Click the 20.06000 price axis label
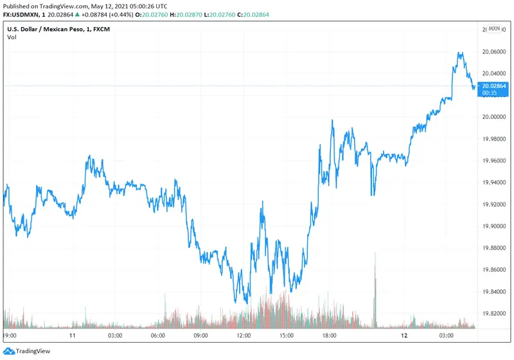pos(495,51)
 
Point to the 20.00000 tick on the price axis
pos(495,117)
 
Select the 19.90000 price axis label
pos(495,226)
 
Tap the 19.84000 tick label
pos(495,292)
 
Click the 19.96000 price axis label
pos(495,161)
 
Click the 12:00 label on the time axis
pos(244,336)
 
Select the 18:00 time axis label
pos(329,336)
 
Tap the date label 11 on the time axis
pos(73,336)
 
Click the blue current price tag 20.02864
pos(495,86)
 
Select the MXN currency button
pos(494,29)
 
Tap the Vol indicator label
pos(12,37)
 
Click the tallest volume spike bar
pos(375,289)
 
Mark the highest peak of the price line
pos(459,52)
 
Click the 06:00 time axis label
pos(158,336)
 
